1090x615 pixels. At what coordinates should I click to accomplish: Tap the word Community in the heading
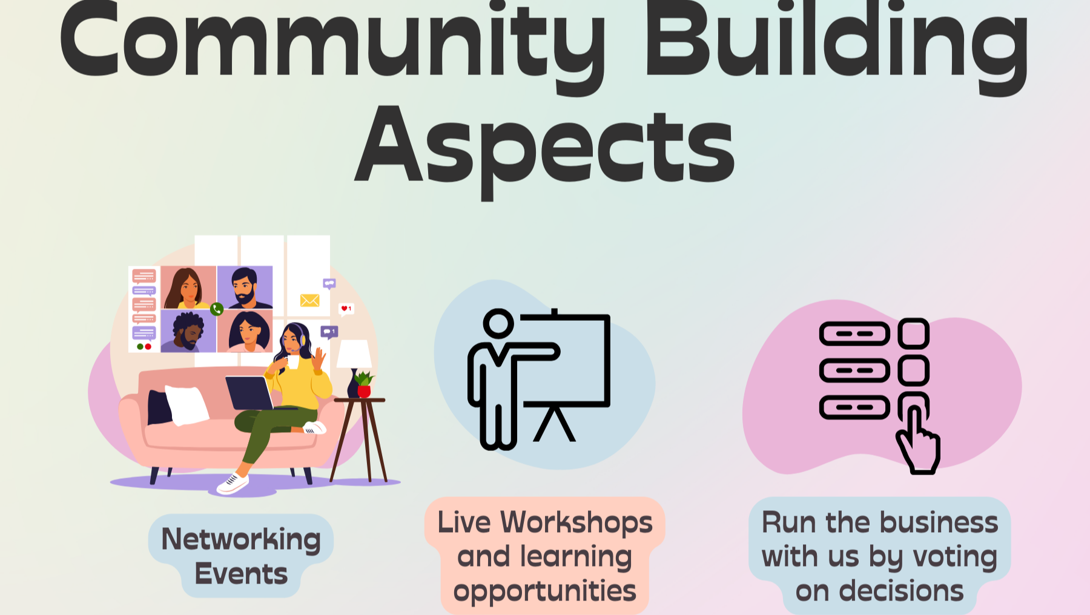click(332, 42)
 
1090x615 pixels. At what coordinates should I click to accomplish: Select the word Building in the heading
click(836, 42)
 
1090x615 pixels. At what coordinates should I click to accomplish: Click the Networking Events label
click(241, 556)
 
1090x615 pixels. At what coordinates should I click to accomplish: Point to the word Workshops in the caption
click(576, 522)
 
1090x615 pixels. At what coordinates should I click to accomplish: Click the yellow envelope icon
click(309, 300)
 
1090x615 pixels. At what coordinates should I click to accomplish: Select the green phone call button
click(217, 309)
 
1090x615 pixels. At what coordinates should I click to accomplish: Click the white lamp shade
click(354, 354)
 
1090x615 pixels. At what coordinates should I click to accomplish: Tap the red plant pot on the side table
click(364, 392)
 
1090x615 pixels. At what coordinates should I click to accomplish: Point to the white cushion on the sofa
click(187, 405)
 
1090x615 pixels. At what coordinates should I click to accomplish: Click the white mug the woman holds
click(293, 362)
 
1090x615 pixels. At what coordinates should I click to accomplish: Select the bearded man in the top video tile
click(245, 288)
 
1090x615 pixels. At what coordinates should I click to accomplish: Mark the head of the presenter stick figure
click(498, 323)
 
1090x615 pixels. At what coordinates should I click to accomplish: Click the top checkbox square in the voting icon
click(914, 333)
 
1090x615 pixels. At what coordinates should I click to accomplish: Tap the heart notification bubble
click(346, 309)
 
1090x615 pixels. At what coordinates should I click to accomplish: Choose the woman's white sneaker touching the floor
click(233, 483)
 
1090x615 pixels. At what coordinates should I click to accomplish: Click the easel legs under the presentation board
click(554, 423)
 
